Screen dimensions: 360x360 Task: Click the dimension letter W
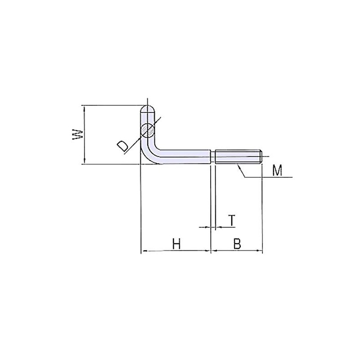tap(77, 135)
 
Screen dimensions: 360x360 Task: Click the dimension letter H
tap(176, 244)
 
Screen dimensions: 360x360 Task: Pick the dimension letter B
tap(237, 244)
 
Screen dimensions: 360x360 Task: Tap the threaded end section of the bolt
tap(238, 156)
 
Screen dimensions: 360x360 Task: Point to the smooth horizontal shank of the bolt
tap(184, 156)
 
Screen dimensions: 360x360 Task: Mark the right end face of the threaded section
tap(261, 156)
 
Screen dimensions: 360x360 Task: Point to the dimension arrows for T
tap(213, 228)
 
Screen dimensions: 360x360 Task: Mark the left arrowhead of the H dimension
tap(144, 251)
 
